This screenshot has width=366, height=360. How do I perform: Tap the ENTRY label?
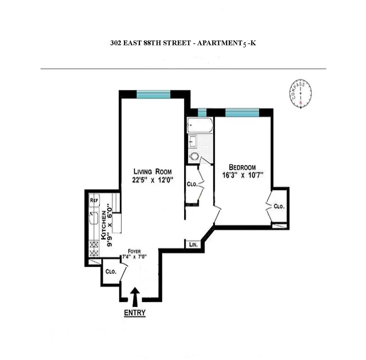(x=135, y=312)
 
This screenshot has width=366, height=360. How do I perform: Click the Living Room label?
(x=152, y=171)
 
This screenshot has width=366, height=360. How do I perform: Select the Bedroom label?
(x=245, y=166)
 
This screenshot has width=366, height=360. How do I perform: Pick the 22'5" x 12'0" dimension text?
(x=153, y=180)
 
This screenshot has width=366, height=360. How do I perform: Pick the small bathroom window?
(x=202, y=112)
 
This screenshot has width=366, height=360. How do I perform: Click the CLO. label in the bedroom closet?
(x=279, y=207)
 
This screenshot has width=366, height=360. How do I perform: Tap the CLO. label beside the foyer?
(x=111, y=272)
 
